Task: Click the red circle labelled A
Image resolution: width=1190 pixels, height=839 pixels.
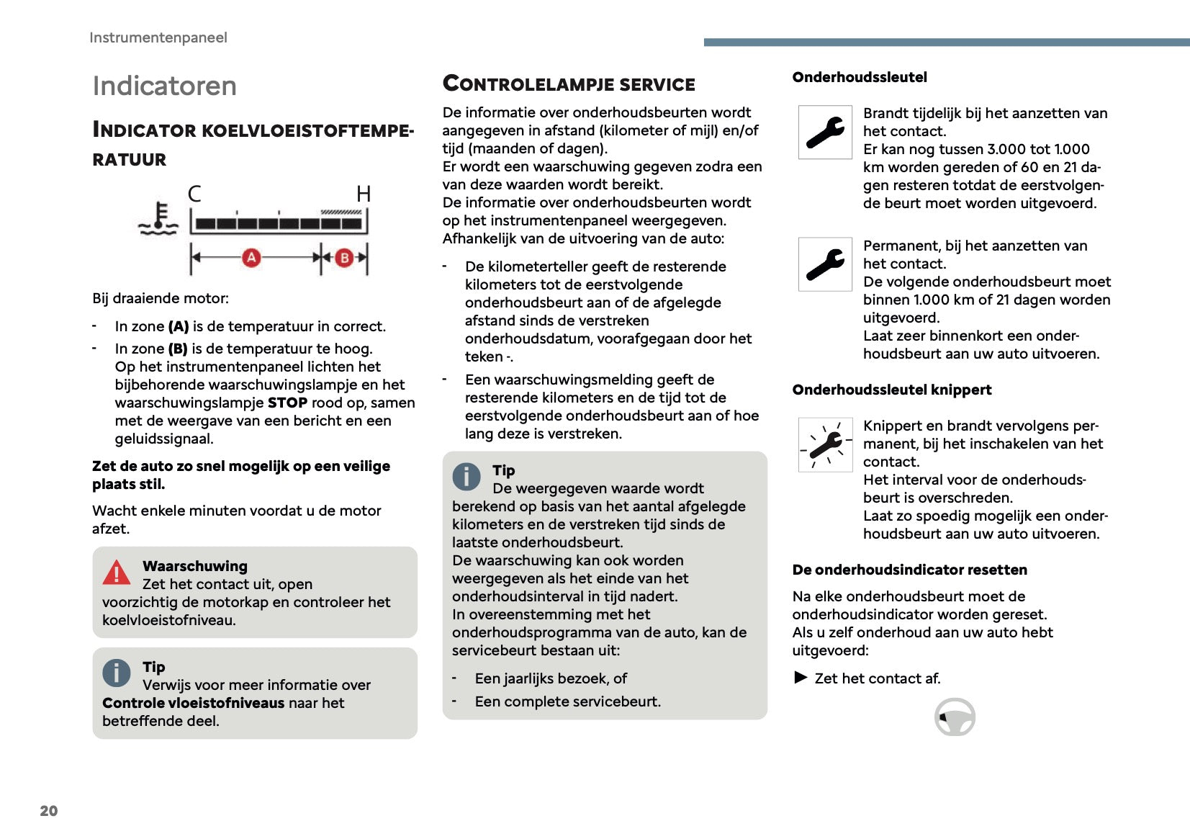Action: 251,257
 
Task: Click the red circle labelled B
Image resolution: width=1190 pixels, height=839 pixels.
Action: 344,257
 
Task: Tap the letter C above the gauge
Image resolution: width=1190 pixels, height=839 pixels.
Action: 194,194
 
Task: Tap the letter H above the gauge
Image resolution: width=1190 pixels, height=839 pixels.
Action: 364,194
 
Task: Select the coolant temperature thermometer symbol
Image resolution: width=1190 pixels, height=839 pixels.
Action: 159,219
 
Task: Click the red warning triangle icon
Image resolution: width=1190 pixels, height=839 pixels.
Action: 116,573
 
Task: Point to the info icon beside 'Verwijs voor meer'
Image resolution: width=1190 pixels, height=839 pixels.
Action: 116,673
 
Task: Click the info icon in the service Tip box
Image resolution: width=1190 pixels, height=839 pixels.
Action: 466,477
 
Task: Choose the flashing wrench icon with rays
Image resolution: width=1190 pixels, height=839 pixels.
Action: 825,444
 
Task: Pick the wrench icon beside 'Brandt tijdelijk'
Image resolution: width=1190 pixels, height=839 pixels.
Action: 825,133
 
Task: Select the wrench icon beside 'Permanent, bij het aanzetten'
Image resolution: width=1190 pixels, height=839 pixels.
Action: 825,264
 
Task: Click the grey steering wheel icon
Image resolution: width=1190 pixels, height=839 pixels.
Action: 955,717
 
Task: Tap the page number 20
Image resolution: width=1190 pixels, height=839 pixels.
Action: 49,811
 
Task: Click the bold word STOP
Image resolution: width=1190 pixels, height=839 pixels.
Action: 287,403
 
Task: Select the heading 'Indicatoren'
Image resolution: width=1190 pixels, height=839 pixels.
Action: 165,86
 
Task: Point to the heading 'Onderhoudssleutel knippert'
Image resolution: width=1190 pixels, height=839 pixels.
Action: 891,390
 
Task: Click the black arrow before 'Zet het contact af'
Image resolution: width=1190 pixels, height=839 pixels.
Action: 801,678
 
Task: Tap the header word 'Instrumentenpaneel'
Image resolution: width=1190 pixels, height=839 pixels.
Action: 158,37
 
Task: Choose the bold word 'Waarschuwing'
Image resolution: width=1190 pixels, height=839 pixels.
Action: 194,566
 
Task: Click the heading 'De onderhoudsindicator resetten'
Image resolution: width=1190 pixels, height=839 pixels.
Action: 909,570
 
